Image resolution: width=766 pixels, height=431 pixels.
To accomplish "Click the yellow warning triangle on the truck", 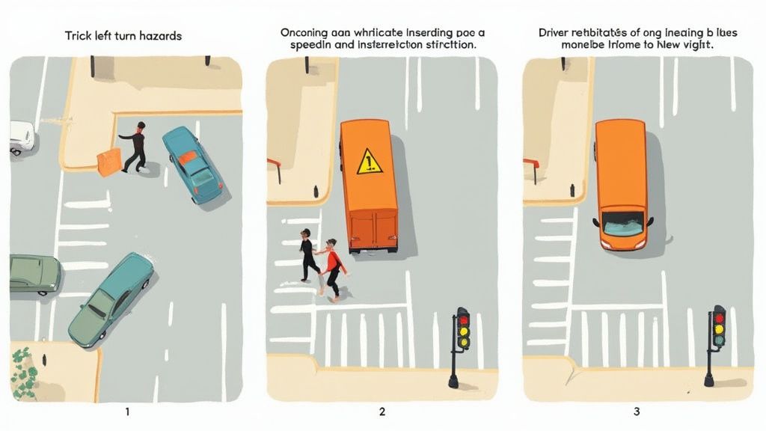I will coord(370,161).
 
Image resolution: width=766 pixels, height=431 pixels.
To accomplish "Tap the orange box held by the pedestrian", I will coord(108,162).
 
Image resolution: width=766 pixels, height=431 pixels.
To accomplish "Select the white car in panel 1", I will coord(21,138).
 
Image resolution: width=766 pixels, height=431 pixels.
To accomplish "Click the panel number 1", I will coord(127,412).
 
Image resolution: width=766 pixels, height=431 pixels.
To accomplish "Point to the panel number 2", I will coord(382,412).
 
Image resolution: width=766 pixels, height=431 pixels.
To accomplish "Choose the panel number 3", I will coord(637,412).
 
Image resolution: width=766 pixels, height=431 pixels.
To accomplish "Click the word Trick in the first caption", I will coord(78,36).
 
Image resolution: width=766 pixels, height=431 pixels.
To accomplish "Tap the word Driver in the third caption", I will coord(556,33).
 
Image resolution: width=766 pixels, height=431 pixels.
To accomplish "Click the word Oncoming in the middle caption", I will coord(307,33).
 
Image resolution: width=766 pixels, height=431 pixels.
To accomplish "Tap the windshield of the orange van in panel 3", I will coord(622,222).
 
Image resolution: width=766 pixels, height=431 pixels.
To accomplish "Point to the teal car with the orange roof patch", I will coord(191,164).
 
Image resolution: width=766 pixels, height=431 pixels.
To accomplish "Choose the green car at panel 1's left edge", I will coord(34,274).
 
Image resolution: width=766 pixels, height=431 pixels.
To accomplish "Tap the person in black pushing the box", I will coord(135,147).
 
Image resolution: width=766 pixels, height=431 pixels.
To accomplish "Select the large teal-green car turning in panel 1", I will coord(111,299).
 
